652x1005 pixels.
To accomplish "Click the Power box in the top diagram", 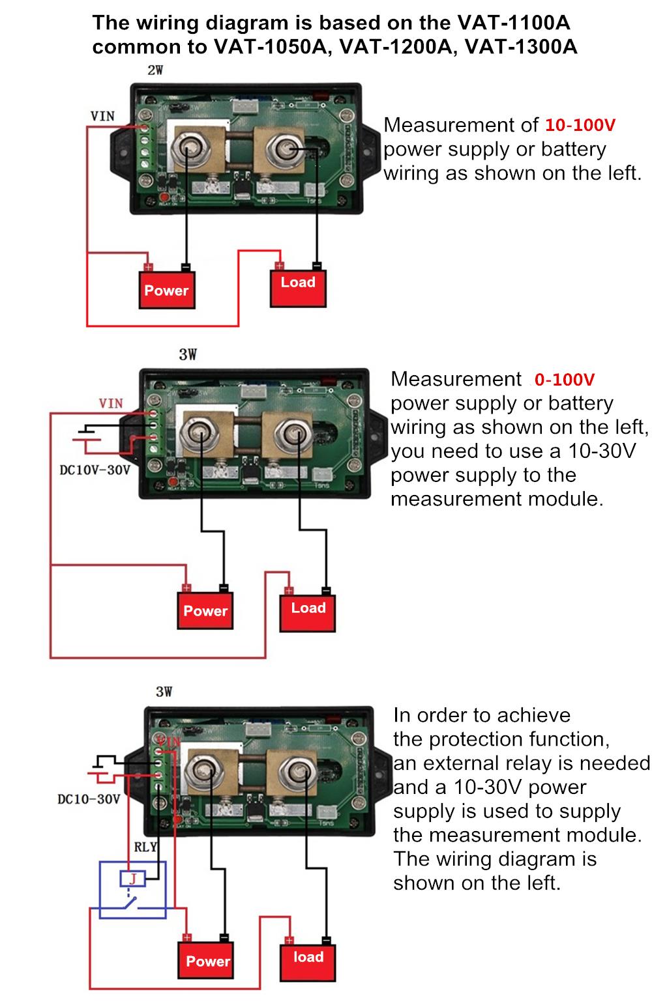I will click(166, 290).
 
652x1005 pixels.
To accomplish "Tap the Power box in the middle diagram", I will click(205, 610).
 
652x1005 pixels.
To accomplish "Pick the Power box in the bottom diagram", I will click(207, 961).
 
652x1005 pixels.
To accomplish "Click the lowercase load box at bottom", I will click(308, 958).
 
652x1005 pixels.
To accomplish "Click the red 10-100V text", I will click(580, 124).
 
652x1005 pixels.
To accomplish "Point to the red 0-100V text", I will click(564, 379).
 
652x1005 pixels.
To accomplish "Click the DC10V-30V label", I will click(95, 470).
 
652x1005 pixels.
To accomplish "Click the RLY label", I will click(145, 847).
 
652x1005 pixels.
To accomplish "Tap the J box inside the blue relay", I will click(133, 879).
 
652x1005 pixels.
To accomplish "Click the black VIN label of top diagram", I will click(102, 117).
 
